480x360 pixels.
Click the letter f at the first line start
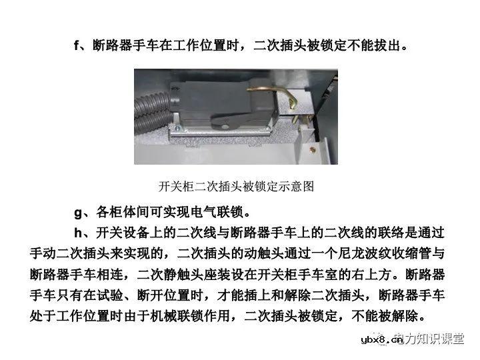click(x=76, y=46)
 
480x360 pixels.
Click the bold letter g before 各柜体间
click(x=77, y=213)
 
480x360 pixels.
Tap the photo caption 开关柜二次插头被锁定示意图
click(x=236, y=186)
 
